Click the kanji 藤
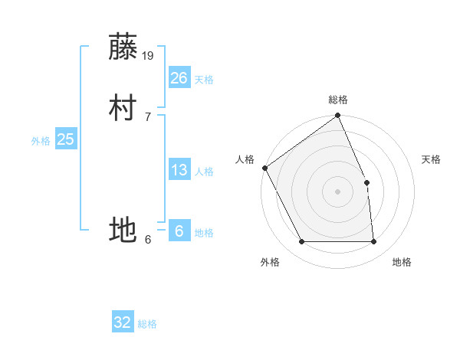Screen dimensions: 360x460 (124, 47)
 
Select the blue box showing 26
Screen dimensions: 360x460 (179, 77)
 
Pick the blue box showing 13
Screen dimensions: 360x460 (179, 170)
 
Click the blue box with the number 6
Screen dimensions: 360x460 (179, 231)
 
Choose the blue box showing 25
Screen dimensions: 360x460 (66, 139)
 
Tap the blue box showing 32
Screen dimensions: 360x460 (123, 322)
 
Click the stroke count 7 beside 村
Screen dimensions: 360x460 (148, 116)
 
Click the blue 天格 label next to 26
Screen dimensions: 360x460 (204, 80)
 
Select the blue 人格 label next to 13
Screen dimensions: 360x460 (204, 172)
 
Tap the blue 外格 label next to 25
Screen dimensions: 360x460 (41, 141)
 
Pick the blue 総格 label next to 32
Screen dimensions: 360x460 (147, 324)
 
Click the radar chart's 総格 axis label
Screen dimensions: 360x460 (338, 100)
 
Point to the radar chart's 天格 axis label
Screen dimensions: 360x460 (432, 159)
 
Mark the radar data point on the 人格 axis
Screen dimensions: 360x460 (264, 168)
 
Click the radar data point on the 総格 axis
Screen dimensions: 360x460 (338, 116)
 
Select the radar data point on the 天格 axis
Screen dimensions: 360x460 (366, 182)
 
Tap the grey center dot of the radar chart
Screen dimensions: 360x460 (338, 191)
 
